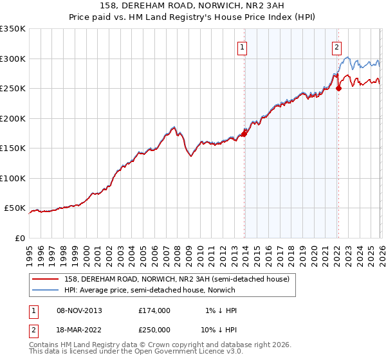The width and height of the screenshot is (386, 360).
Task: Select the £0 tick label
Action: (x=19, y=239)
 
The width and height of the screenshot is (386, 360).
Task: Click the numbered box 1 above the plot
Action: (x=243, y=46)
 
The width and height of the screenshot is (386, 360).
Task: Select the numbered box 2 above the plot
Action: (x=336, y=46)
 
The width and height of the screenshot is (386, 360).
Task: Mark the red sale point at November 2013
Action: (x=244, y=134)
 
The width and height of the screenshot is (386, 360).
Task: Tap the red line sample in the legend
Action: (x=46, y=278)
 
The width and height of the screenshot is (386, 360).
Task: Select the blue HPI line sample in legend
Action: (x=46, y=289)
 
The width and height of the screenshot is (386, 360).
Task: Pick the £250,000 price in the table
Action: (x=154, y=329)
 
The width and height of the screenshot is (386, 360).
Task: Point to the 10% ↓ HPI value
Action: (x=219, y=329)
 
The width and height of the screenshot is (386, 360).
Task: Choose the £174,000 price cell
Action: (x=154, y=310)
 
